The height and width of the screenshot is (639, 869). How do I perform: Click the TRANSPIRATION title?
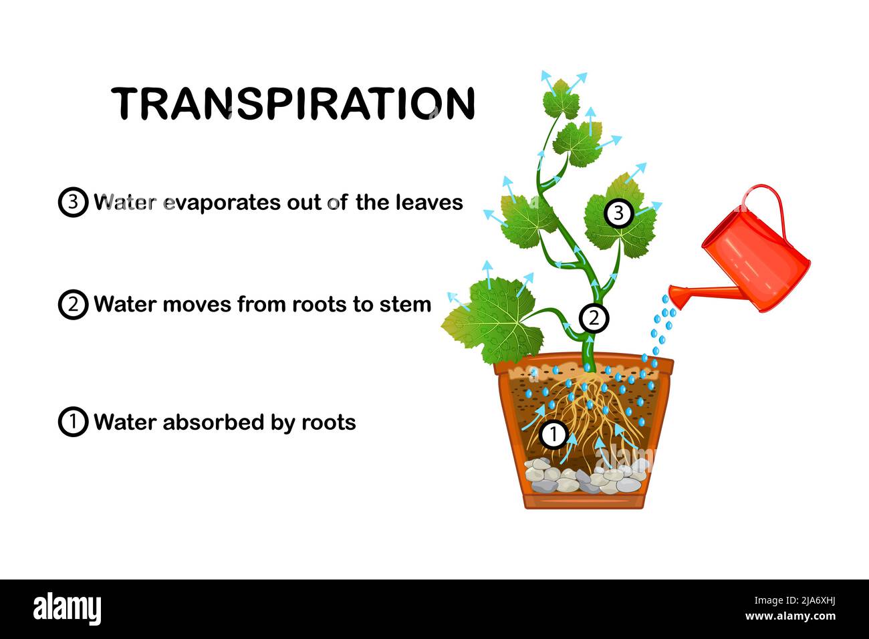coord(293,104)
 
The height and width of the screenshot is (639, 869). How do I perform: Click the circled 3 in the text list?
coord(73,202)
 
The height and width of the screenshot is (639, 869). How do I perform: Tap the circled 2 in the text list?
coord(73,304)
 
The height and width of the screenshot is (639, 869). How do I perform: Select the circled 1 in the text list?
coord(73,422)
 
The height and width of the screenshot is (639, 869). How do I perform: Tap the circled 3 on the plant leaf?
coord(618,213)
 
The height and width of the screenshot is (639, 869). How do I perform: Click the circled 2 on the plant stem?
coord(594,318)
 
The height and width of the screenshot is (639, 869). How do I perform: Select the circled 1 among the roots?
coord(553,434)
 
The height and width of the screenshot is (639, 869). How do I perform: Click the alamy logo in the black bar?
coord(68,609)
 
